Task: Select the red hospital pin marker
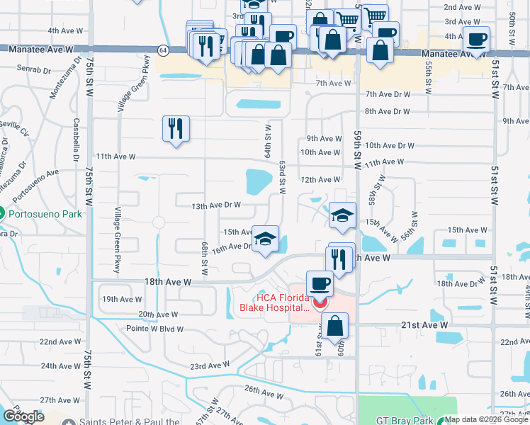coord(319,303)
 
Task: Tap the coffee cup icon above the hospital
coord(320,283)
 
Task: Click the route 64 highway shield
coord(163,50)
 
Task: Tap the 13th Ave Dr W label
coord(217,205)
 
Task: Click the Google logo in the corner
coord(23,416)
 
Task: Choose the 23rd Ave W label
coord(209,365)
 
